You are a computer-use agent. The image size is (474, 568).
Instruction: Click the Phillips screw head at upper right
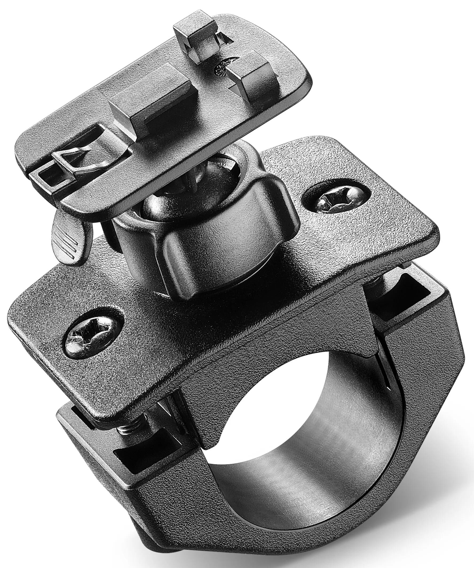coord(334,199)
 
